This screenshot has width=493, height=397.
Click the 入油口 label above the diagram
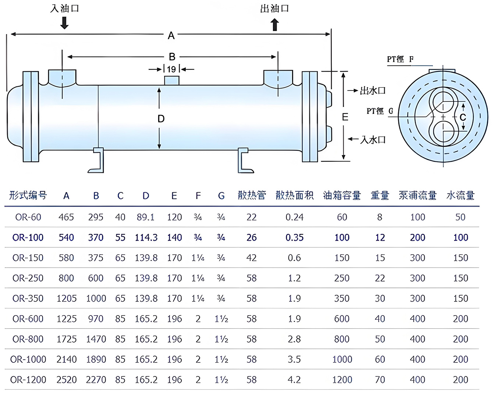point(65,8)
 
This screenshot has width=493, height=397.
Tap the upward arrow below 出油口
point(275,25)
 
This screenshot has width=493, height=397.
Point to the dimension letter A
point(171,36)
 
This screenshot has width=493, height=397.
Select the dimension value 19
point(171,69)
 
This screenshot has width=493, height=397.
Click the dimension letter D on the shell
point(161,119)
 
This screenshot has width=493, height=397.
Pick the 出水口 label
point(372,90)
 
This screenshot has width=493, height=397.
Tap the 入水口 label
point(373,140)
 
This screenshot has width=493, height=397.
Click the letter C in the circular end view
point(463,117)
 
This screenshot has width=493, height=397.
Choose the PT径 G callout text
point(380,111)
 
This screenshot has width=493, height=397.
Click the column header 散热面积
point(295,196)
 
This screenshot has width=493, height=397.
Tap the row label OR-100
point(28,237)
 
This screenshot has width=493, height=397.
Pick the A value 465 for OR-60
point(66,217)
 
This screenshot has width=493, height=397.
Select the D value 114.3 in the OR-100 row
point(146,237)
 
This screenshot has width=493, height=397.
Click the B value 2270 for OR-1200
point(96,380)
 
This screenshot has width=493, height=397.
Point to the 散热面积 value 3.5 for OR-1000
point(294,359)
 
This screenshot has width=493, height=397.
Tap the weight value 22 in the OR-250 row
point(380,278)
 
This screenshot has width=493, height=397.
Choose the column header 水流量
point(460,196)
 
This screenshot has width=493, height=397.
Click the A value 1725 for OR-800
point(67,339)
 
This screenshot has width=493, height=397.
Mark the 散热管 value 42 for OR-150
point(252,258)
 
